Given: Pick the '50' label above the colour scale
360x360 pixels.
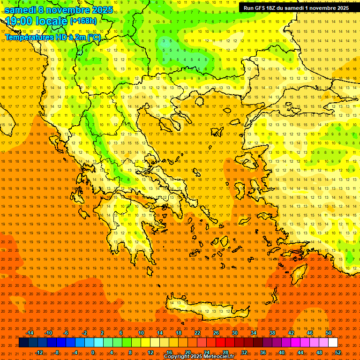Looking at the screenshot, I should click(329, 333).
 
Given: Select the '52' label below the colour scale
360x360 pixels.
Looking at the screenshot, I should click(338, 352).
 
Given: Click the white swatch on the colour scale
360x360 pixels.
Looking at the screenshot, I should click(333, 342).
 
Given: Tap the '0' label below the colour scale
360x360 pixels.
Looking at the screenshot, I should click(93, 352).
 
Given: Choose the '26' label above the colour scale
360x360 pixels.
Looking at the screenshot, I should click(216, 333).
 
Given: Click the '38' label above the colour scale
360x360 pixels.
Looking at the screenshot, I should click(272, 333).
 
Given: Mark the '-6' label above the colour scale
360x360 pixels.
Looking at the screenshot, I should click(66, 333).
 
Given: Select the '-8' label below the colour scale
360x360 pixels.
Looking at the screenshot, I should click(57, 352).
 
